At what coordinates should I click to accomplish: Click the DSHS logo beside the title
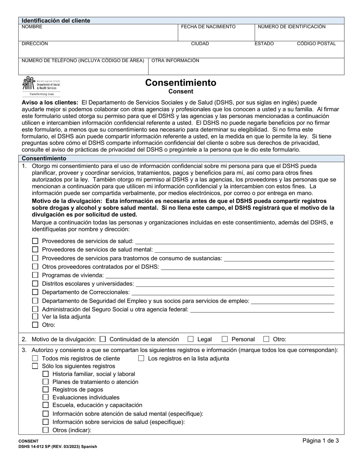point(41,86)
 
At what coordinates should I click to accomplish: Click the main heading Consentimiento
point(181,83)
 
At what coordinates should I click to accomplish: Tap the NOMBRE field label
point(32,27)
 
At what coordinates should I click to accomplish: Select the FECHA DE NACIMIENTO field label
point(208,27)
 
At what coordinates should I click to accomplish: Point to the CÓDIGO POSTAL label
point(316,44)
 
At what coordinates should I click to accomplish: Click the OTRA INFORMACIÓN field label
point(175,61)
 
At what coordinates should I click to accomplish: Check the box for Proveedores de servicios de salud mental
point(35,249)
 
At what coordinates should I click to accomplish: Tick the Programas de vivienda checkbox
point(35,275)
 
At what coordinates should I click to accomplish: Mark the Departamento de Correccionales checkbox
point(35,292)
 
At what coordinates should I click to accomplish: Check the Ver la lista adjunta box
point(35,316)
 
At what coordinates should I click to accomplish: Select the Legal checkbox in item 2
point(191,339)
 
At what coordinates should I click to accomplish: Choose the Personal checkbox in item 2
point(225,339)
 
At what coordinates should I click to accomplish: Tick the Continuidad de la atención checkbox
point(103,339)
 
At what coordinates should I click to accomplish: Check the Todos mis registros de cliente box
point(35,358)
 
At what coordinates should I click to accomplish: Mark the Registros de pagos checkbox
point(45,389)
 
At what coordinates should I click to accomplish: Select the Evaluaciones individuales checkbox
point(45,397)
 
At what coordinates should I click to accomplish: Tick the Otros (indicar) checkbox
point(45,430)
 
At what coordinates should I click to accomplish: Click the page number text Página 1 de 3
point(321,440)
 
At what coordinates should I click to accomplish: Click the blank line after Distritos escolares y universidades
point(235,284)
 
